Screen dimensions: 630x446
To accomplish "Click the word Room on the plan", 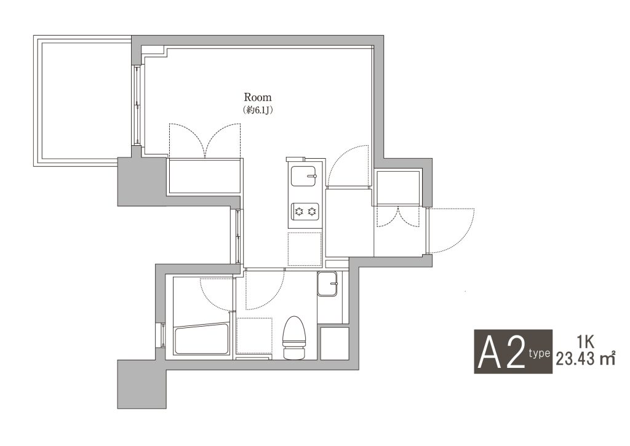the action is coord(258,97).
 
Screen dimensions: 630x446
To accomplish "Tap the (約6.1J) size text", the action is coord(258,110).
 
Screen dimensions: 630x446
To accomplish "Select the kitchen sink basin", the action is coord(304,176).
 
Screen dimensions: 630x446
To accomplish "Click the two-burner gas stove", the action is coord(305,210).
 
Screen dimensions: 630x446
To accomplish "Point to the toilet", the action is coord(295,337).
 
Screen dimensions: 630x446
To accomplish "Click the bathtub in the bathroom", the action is coord(201,340).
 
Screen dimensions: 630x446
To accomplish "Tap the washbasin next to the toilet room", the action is coord(327,284).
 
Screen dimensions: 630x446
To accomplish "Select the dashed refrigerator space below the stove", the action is coord(305,249).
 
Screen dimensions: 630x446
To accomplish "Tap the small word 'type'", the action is coord(539,354).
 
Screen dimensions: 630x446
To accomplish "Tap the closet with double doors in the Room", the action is coord(205,176).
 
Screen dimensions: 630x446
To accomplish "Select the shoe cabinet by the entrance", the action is coord(397,188).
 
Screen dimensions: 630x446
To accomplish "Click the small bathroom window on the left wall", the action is coord(162,335).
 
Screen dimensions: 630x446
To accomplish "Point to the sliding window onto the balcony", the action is coord(137,105).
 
